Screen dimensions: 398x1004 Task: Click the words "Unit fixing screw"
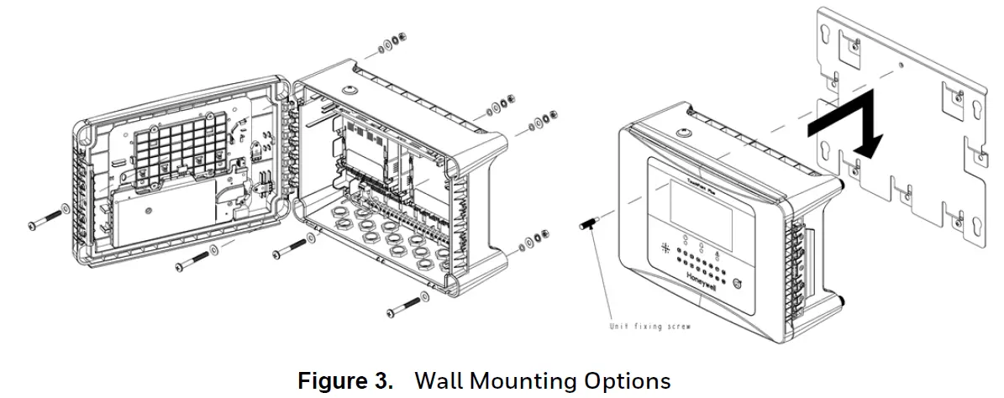(x=649, y=326)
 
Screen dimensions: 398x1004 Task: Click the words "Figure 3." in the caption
(x=345, y=381)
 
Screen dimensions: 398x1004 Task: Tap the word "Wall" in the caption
(x=439, y=381)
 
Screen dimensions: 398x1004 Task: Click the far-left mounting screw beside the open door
(x=49, y=217)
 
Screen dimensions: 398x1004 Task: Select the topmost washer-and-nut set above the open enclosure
(x=392, y=42)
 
